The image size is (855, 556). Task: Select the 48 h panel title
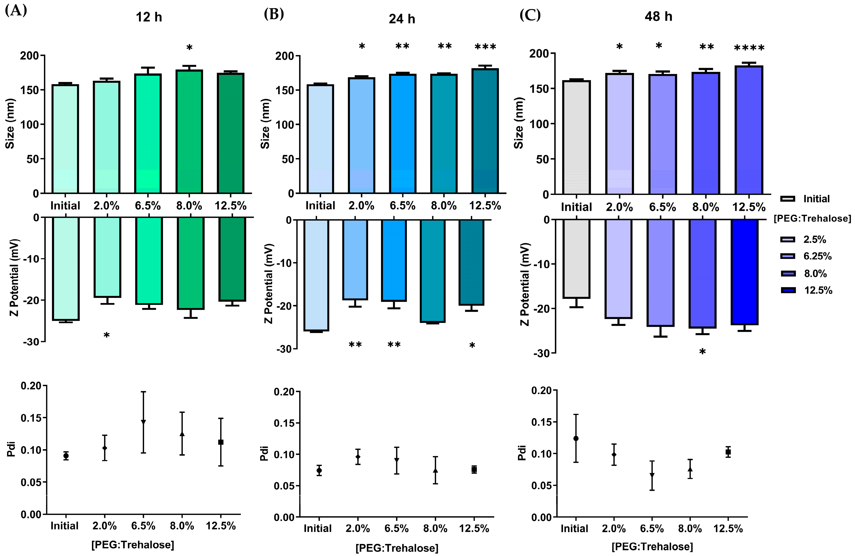(658, 17)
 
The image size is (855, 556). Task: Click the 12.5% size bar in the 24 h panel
(485, 131)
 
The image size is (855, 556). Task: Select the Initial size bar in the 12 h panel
(65, 139)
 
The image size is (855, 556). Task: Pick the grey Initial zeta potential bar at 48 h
(576, 259)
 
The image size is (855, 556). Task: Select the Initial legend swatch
(788, 199)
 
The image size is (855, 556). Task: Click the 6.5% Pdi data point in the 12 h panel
(143, 422)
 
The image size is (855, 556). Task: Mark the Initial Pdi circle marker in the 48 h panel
(576, 438)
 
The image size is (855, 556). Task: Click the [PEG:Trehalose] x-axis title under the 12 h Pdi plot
(133, 545)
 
